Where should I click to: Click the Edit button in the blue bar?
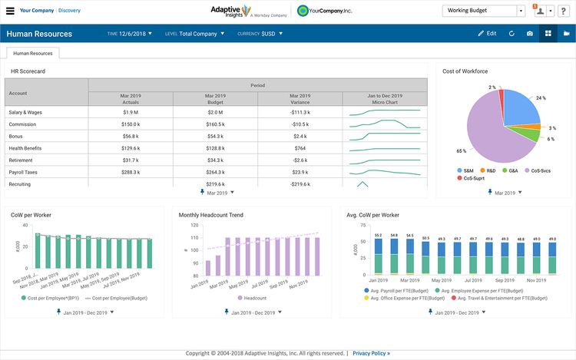click(487, 34)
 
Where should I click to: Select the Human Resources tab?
click(34, 54)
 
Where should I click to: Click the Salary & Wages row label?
click(25, 112)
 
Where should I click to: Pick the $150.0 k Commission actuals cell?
click(130, 124)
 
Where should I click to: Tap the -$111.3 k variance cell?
click(300, 112)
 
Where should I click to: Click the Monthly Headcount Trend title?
click(210, 215)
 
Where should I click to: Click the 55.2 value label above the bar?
click(378, 234)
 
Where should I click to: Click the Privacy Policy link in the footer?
click(371, 353)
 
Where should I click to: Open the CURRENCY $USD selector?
click(260, 34)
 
